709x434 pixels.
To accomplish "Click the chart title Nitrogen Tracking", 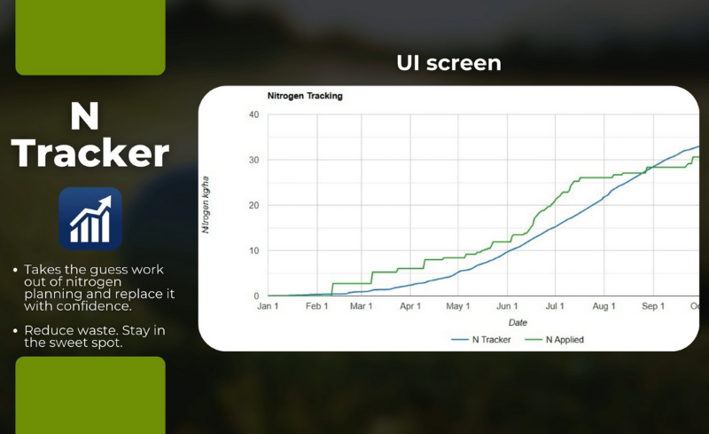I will (305, 96).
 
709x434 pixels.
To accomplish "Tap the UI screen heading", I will (448, 63).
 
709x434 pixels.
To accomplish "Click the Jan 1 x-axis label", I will (268, 306).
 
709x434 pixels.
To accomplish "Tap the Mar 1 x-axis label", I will (360, 306).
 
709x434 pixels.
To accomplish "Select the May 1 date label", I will (457, 306).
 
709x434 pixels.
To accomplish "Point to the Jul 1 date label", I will (555, 306).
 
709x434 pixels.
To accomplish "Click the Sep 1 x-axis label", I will (652, 306).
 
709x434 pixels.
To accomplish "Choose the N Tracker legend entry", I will (484, 339).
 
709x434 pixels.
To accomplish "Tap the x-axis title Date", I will (518, 322).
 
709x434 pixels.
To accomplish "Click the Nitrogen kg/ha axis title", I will (206, 205).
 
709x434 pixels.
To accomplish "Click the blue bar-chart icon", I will (90, 218).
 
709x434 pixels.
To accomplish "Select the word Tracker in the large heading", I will (91, 154).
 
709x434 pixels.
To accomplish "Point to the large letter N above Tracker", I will (85, 116).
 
